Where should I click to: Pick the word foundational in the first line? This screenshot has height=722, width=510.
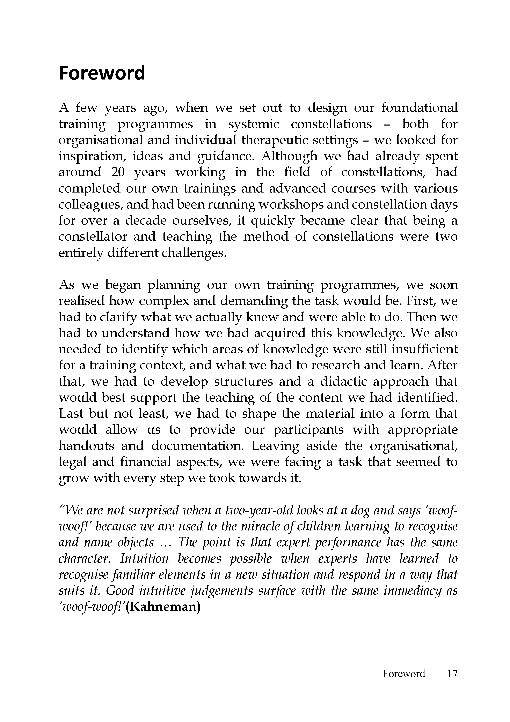click(419, 108)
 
